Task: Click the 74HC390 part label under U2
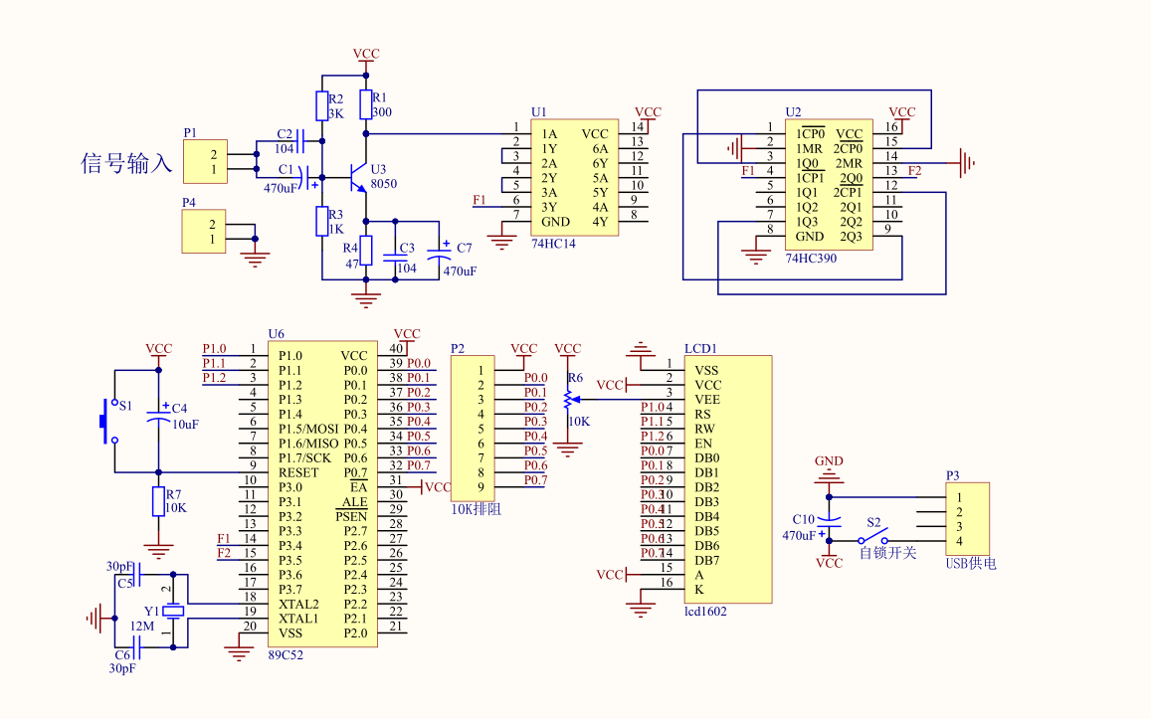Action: click(x=811, y=258)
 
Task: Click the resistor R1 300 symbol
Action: click(x=365, y=101)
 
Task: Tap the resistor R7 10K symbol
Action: click(x=158, y=501)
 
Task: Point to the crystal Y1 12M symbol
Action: click(x=174, y=611)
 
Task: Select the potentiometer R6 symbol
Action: click(x=568, y=399)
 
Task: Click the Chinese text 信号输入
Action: click(x=127, y=163)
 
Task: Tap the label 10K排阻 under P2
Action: click(x=477, y=507)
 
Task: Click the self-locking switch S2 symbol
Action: click(x=873, y=538)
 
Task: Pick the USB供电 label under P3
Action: click(x=970, y=563)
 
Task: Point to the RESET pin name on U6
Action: click(x=297, y=472)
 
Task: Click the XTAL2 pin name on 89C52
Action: click(x=297, y=604)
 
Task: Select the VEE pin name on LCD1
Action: click(x=707, y=399)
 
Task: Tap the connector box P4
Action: click(x=203, y=231)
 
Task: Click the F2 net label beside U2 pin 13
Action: click(x=914, y=171)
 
